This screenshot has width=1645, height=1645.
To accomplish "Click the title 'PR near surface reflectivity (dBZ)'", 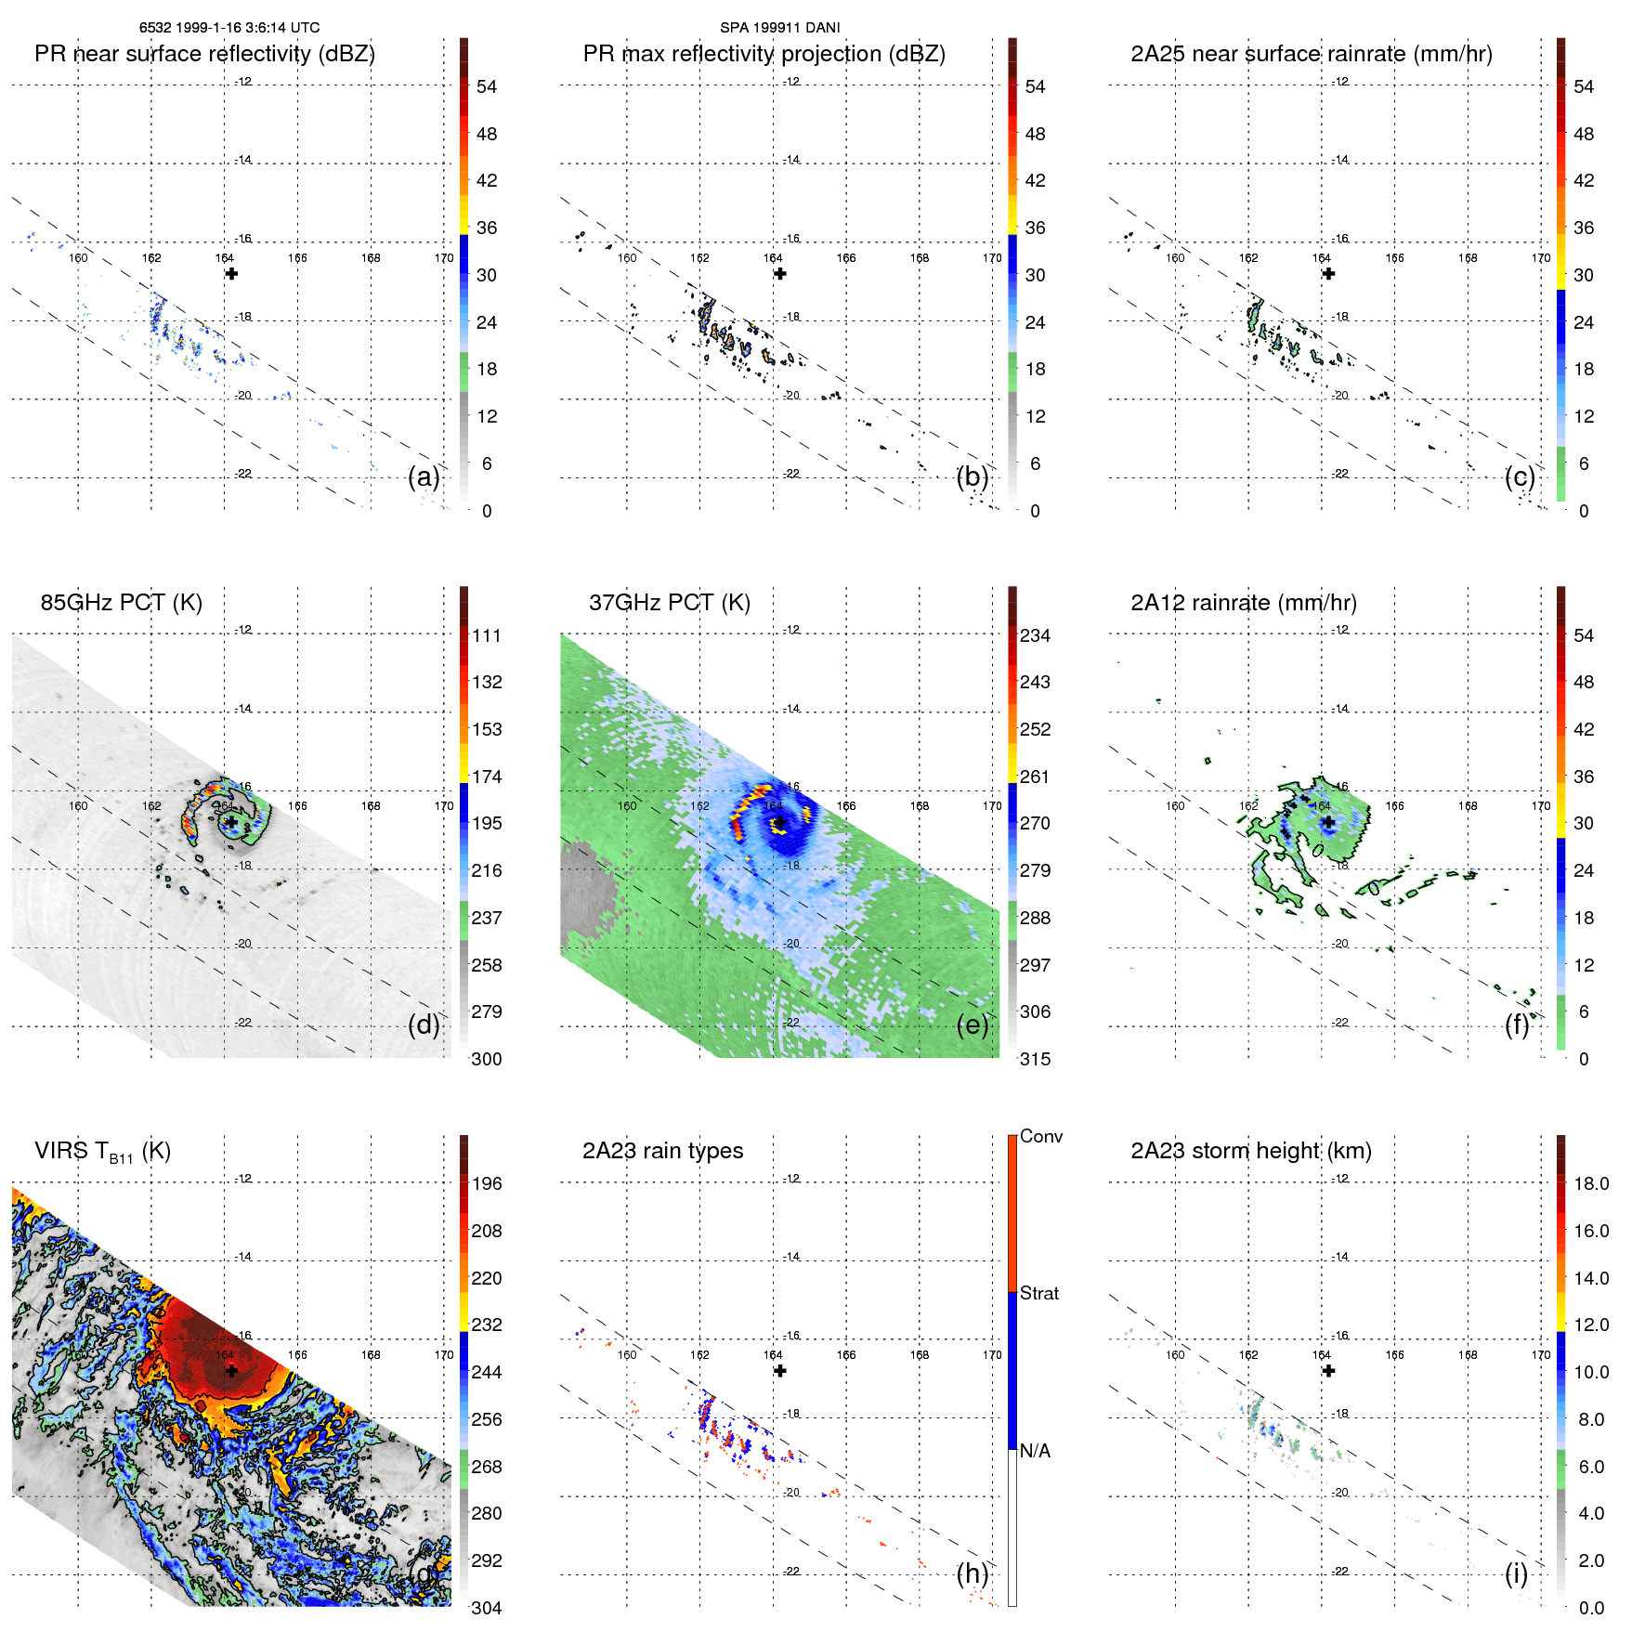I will [204, 54].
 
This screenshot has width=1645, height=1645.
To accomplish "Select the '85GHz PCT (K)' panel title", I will [121, 603].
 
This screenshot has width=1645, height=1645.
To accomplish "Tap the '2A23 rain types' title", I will [662, 1151].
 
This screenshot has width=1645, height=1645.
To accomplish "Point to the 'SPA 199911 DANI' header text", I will [779, 28].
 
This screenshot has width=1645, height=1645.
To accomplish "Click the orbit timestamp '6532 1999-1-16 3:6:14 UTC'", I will [229, 28].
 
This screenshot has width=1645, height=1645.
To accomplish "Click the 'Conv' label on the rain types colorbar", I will [1040, 1136].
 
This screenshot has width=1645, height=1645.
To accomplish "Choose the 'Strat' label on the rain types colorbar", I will [1038, 1293].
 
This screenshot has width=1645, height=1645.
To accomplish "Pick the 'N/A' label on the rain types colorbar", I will [1035, 1451].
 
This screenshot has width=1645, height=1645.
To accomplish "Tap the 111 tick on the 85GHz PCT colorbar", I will [486, 635].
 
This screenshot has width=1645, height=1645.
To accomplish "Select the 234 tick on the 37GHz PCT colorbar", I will [1035, 635].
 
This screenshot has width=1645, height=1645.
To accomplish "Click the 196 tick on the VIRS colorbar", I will [486, 1183].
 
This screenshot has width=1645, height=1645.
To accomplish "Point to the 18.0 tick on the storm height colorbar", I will [1590, 1183].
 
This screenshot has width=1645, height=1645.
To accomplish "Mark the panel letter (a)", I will [424, 477].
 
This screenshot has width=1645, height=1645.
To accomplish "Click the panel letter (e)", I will [972, 1025].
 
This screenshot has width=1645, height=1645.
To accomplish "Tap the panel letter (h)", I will [972, 1573].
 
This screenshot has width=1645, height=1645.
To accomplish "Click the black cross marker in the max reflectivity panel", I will [780, 274].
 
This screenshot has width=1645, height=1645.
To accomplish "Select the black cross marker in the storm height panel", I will [1328, 1371].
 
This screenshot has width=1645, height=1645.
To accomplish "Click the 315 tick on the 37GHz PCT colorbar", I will [1035, 1059].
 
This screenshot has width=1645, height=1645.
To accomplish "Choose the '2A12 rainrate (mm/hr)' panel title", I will [1243, 603].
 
